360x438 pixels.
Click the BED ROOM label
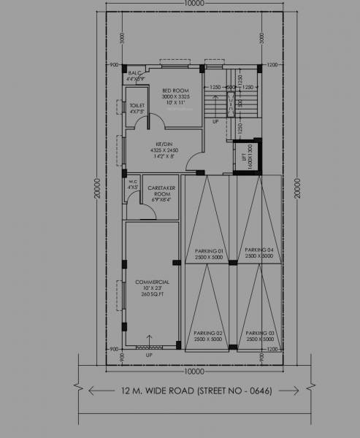tap(176, 91)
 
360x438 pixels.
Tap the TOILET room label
tap(137, 106)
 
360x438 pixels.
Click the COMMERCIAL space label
tap(153, 282)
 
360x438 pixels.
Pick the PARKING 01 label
tap(208, 251)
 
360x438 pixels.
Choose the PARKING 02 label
tap(208, 334)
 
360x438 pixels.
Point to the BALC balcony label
tap(134, 73)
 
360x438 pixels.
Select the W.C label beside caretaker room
tap(133, 182)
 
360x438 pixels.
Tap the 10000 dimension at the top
tap(194, 4)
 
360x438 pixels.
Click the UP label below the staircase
tap(215, 122)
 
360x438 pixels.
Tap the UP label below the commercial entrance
tap(149, 356)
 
